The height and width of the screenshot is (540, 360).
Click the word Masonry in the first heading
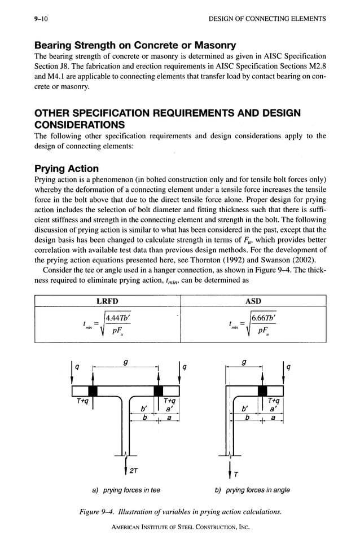[x=208, y=45]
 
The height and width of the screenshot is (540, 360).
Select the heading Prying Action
[x=67, y=169]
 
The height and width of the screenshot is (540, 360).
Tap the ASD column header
[x=253, y=301]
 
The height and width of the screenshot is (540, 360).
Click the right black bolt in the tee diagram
[x=159, y=390]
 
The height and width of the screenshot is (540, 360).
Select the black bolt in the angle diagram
[x=262, y=390]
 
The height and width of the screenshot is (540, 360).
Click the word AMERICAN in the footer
[x=128, y=527]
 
